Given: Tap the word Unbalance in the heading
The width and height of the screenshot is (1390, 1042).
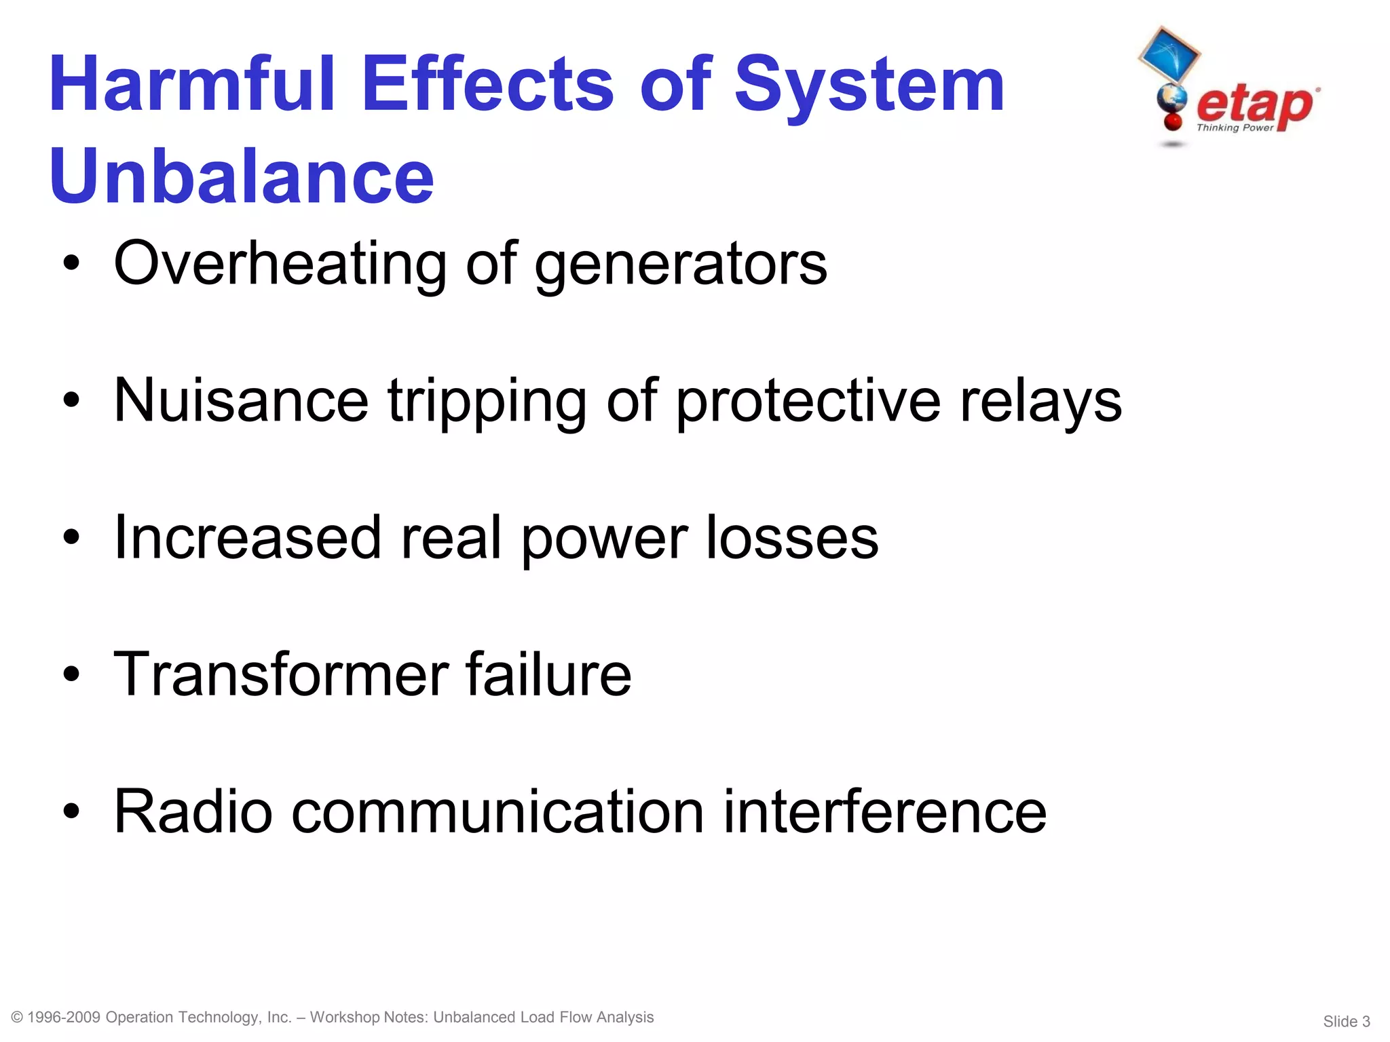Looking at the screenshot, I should click(x=241, y=176).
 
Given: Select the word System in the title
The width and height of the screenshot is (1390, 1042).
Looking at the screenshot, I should click(x=869, y=84).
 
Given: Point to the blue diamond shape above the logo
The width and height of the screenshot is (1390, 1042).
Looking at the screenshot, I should click(x=1169, y=54).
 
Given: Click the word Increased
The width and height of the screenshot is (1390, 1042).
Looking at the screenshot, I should click(x=248, y=537).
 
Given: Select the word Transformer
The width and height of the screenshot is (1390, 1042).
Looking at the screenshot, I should click(x=281, y=674).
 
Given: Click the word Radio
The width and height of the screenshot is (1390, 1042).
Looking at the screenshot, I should click(x=193, y=811).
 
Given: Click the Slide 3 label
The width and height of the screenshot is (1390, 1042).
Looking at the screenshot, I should click(x=1346, y=1022).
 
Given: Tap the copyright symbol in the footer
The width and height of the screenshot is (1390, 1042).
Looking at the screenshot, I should click(x=18, y=1017).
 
